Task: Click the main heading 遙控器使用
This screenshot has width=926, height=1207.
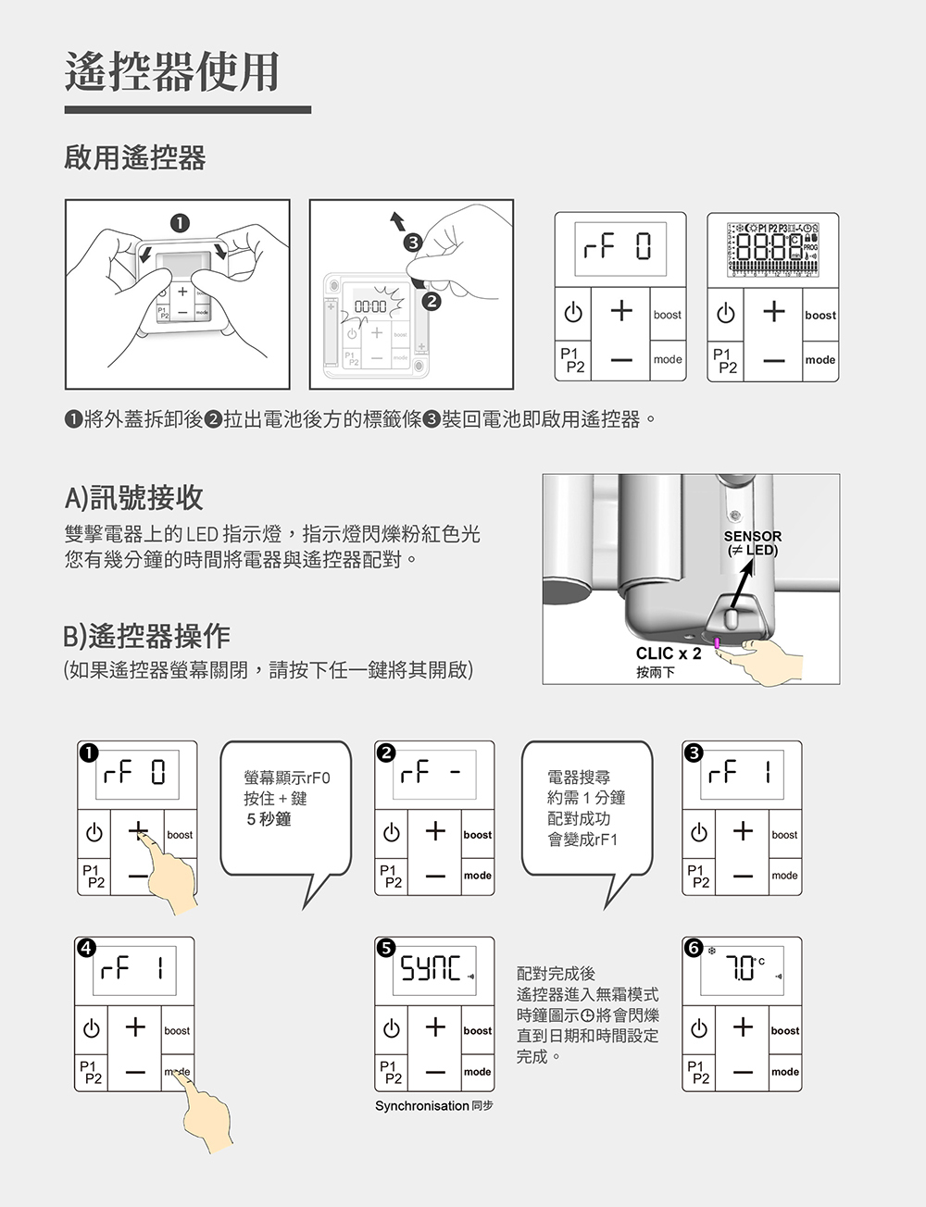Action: click(x=172, y=71)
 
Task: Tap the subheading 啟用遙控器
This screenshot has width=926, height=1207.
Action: click(x=135, y=158)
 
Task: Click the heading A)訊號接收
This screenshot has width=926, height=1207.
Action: click(x=134, y=498)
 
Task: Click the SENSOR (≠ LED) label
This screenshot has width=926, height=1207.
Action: click(x=752, y=543)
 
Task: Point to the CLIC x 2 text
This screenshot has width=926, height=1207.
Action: click(x=669, y=653)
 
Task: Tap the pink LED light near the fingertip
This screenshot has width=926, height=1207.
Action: click(x=717, y=642)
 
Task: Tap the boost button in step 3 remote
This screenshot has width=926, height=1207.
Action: click(x=784, y=835)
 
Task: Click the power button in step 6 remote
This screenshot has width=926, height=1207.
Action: click(x=699, y=1029)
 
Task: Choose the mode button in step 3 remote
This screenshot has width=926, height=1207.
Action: click(x=784, y=876)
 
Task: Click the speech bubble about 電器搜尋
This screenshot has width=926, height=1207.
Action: click(x=586, y=808)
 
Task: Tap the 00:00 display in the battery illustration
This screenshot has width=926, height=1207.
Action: click(x=369, y=305)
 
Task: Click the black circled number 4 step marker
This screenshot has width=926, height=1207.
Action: click(x=86, y=947)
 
